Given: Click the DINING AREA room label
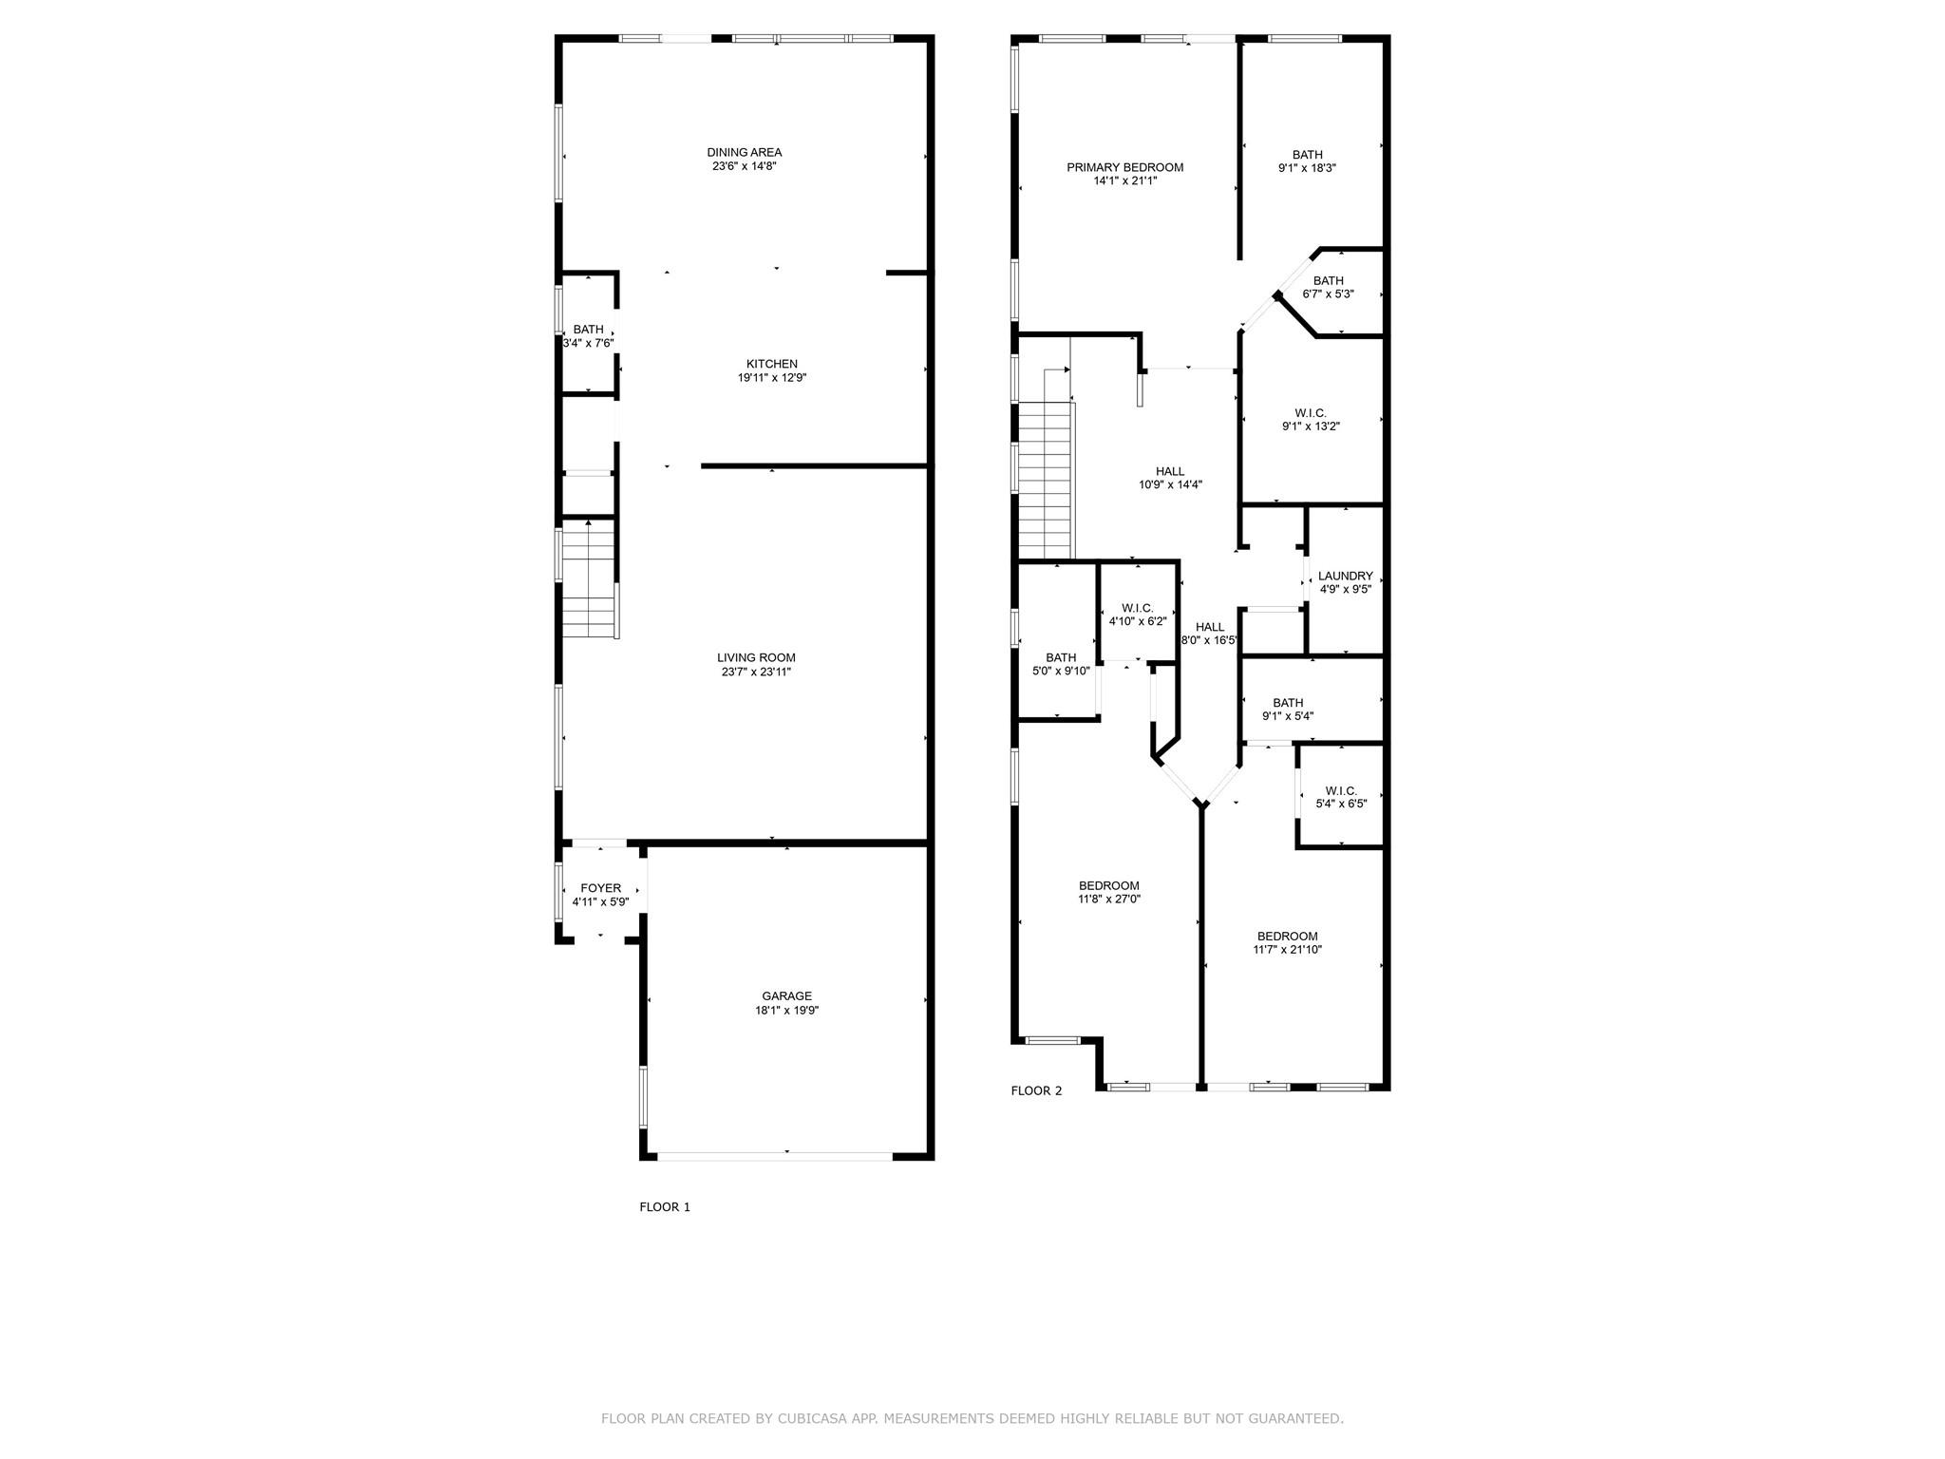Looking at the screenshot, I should (x=744, y=152).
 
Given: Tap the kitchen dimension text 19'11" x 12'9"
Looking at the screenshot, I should (x=771, y=377).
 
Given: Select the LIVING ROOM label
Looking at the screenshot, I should (x=756, y=657).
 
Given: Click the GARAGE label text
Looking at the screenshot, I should (x=786, y=996).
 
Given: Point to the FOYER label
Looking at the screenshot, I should (x=600, y=888).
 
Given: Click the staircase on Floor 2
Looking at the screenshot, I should (x=1045, y=480).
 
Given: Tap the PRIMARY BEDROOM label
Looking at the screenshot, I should (x=1124, y=167).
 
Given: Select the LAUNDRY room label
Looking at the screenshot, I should (x=1345, y=576).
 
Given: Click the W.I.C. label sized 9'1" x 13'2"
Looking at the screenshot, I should (x=1310, y=413).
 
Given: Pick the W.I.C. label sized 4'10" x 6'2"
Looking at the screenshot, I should (x=1137, y=608).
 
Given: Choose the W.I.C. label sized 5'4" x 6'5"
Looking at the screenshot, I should (x=1340, y=790).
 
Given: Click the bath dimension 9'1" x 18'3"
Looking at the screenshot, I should (x=1307, y=168).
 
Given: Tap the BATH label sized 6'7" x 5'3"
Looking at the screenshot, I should (x=1328, y=280).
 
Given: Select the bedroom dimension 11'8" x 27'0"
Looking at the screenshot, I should (x=1108, y=899).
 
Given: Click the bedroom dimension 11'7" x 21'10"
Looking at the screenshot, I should (x=1287, y=949).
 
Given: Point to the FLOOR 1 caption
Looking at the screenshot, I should (x=665, y=1206).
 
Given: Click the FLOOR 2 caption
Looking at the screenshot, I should (x=1036, y=1090).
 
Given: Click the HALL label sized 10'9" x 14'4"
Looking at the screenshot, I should (x=1170, y=471).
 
